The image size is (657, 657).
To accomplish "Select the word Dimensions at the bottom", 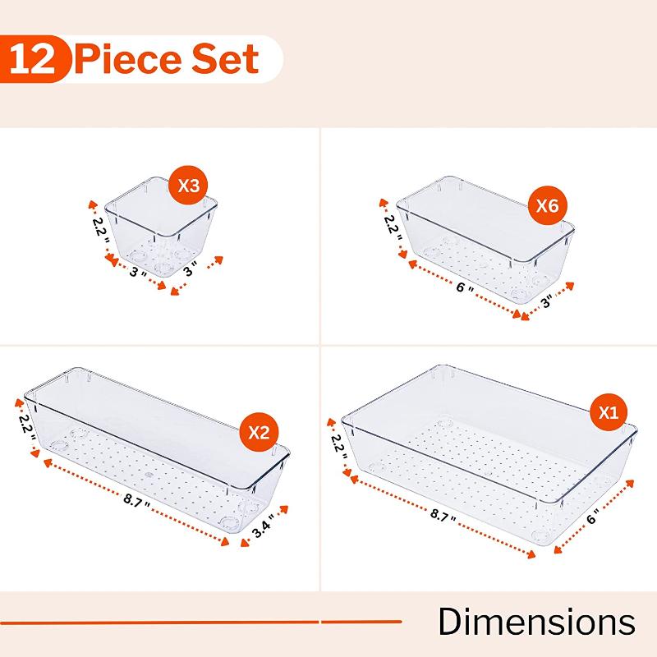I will tap(536, 622).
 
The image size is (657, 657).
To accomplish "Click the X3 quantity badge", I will tap(188, 186).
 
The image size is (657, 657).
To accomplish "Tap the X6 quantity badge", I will tap(547, 207).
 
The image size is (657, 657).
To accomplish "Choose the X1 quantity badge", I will tap(609, 414).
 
